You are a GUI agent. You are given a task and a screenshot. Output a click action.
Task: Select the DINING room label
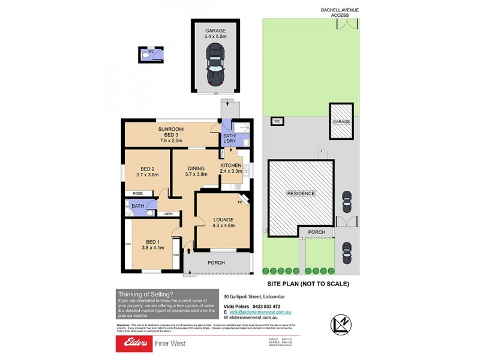(x=196, y=169)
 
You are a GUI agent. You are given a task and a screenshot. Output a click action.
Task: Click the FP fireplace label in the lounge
(x=239, y=203)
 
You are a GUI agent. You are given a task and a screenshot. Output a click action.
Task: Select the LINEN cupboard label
(x=168, y=214)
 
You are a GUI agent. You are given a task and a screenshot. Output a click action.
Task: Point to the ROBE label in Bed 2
(x=137, y=194)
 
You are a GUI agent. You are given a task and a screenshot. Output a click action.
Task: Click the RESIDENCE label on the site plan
(x=301, y=194)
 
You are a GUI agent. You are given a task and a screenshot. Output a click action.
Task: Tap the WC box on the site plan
(x=277, y=122)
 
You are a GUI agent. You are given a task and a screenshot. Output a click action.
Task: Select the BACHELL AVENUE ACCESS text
(x=339, y=13)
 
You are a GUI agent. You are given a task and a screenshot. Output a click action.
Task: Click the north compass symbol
(x=340, y=322)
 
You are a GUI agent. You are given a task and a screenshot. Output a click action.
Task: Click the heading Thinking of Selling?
(x=145, y=294)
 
